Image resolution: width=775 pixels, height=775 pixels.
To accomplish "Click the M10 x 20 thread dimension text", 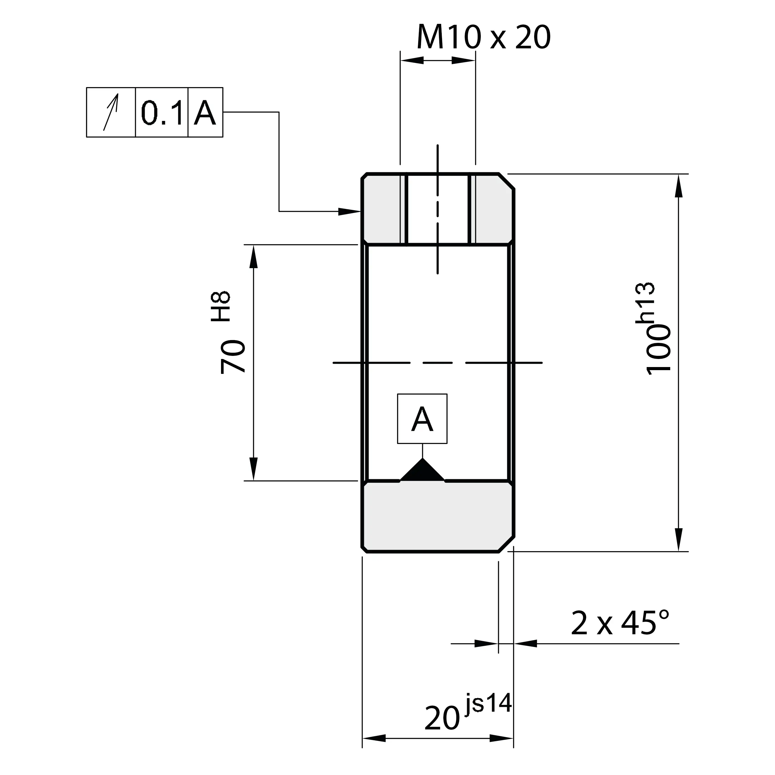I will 484,37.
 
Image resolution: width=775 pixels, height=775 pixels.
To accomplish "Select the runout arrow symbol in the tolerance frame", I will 111,112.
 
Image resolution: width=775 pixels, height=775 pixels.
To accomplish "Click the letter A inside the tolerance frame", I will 205,113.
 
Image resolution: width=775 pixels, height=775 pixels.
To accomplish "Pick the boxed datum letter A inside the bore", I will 422,419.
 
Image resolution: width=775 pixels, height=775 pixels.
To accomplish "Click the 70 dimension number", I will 233,356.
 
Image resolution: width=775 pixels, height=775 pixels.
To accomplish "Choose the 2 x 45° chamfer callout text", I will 619,623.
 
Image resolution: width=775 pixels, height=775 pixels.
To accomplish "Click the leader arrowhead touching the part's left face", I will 349,211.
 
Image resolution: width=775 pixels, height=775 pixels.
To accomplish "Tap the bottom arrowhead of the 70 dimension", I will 253,468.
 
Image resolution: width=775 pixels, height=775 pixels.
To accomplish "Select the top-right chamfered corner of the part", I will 506,181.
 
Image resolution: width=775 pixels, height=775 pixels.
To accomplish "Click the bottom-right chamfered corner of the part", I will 506,544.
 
